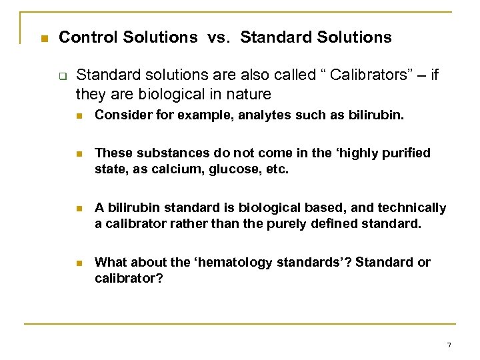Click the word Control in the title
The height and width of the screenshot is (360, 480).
pyautogui.click(x=85, y=37)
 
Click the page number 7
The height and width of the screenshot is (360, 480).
pyautogui.click(x=449, y=345)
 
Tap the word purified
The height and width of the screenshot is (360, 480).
pyautogui.click(x=406, y=153)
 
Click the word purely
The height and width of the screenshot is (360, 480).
pyautogui.click(x=287, y=224)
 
